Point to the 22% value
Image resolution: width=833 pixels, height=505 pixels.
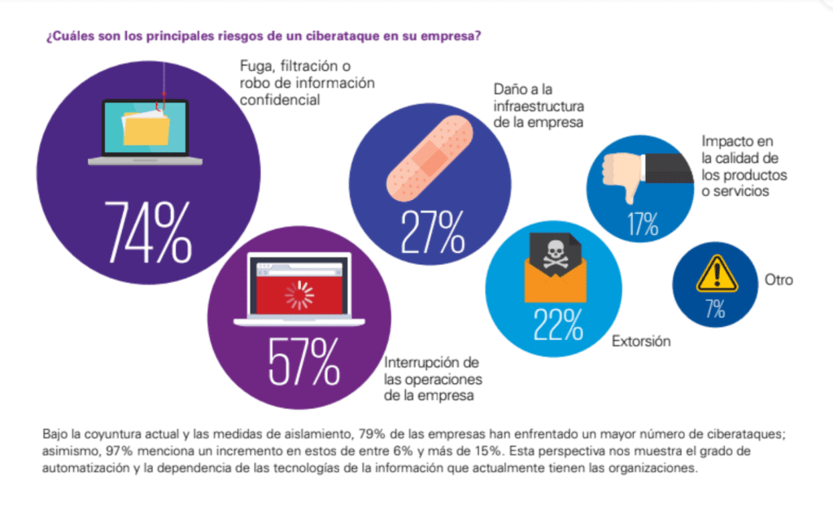(558, 324)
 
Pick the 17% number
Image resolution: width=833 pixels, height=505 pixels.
(642, 224)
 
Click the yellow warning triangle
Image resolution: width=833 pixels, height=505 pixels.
(717, 274)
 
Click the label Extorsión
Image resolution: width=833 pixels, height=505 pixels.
(641, 341)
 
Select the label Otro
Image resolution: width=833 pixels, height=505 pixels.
(778, 281)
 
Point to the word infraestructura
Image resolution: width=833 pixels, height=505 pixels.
(539, 106)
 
